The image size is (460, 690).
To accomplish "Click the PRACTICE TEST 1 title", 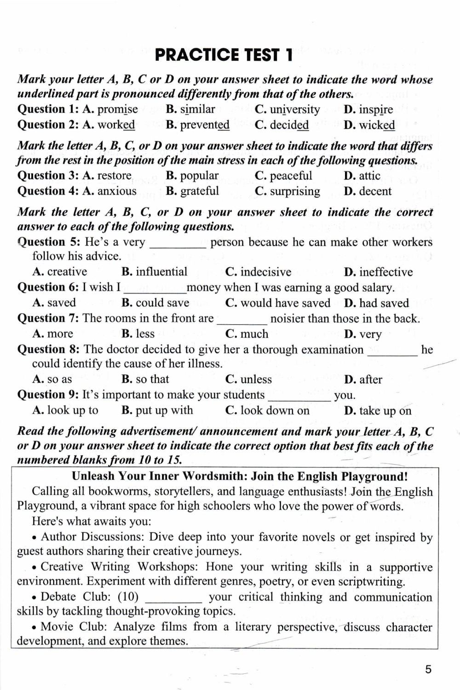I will click(x=224, y=55).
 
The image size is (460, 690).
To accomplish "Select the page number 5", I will click(x=428, y=669).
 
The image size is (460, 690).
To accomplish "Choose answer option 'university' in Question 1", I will click(x=294, y=109).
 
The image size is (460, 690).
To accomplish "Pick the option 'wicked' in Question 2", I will click(x=377, y=125).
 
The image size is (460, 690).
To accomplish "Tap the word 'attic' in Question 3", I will click(x=369, y=176).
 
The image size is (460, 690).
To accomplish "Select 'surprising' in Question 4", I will click(x=295, y=191).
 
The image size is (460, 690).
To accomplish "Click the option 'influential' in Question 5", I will click(x=161, y=272).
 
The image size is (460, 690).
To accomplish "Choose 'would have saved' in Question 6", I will click(x=285, y=303).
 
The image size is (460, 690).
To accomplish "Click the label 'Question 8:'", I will click(x=49, y=350).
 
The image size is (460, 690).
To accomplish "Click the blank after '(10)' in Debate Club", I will click(x=173, y=598).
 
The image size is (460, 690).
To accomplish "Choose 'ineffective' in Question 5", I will click(x=386, y=272).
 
